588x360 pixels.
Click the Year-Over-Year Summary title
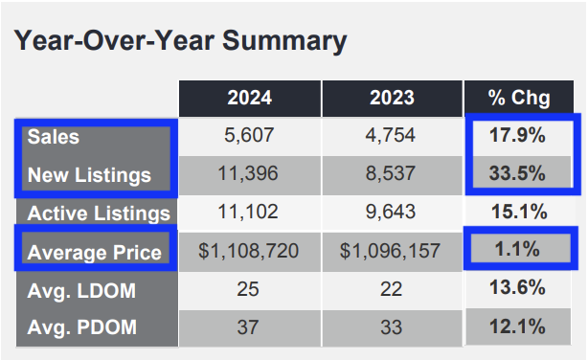(x=179, y=41)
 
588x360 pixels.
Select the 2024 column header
(x=249, y=99)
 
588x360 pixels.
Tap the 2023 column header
(x=391, y=99)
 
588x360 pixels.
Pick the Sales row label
(x=55, y=137)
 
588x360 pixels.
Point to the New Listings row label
(x=90, y=175)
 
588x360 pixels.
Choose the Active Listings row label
(x=99, y=214)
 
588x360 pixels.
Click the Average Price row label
(x=95, y=252)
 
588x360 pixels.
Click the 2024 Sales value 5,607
(x=249, y=137)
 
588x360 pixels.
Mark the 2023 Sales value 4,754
(x=391, y=137)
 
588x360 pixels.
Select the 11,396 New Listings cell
(x=249, y=175)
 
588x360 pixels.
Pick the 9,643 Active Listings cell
(x=391, y=214)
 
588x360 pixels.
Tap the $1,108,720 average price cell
(x=249, y=252)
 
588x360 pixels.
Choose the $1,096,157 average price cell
(x=391, y=252)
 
